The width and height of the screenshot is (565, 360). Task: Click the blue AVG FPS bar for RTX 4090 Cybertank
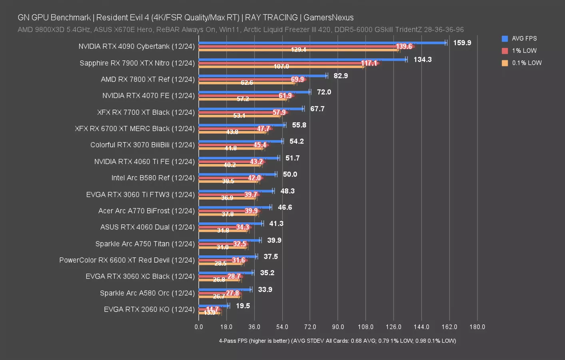(x=322, y=43)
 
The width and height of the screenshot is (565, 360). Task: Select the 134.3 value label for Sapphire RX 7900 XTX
(x=422, y=60)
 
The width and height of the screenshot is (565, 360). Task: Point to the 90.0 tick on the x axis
(x=338, y=327)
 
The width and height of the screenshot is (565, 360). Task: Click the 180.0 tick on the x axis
(x=477, y=327)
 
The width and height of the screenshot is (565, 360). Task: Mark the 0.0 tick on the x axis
(x=199, y=327)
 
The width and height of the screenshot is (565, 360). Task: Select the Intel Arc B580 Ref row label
(x=153, y=178)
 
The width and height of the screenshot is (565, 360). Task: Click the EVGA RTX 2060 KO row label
(x=149, y=309)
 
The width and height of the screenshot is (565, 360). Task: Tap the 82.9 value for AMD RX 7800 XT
(x=341, y=76)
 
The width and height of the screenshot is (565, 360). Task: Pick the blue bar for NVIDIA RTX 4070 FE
(x=254, y=92)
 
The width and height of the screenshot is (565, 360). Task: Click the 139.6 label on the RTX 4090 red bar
(x=404, y=47)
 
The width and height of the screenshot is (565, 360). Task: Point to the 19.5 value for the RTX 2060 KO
(x=243, y=306)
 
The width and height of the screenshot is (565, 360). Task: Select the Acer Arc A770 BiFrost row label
(x=146, y=211)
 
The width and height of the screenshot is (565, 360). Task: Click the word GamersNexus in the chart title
(x=328, y=18)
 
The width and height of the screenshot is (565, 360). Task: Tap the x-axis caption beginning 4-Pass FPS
(x=337, y=341)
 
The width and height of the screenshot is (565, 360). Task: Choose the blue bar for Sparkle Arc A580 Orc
(x=225, y=289)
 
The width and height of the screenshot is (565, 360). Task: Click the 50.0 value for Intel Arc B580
(x=290, y=174)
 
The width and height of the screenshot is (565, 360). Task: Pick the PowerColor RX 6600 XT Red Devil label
(x=127, y=260)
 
